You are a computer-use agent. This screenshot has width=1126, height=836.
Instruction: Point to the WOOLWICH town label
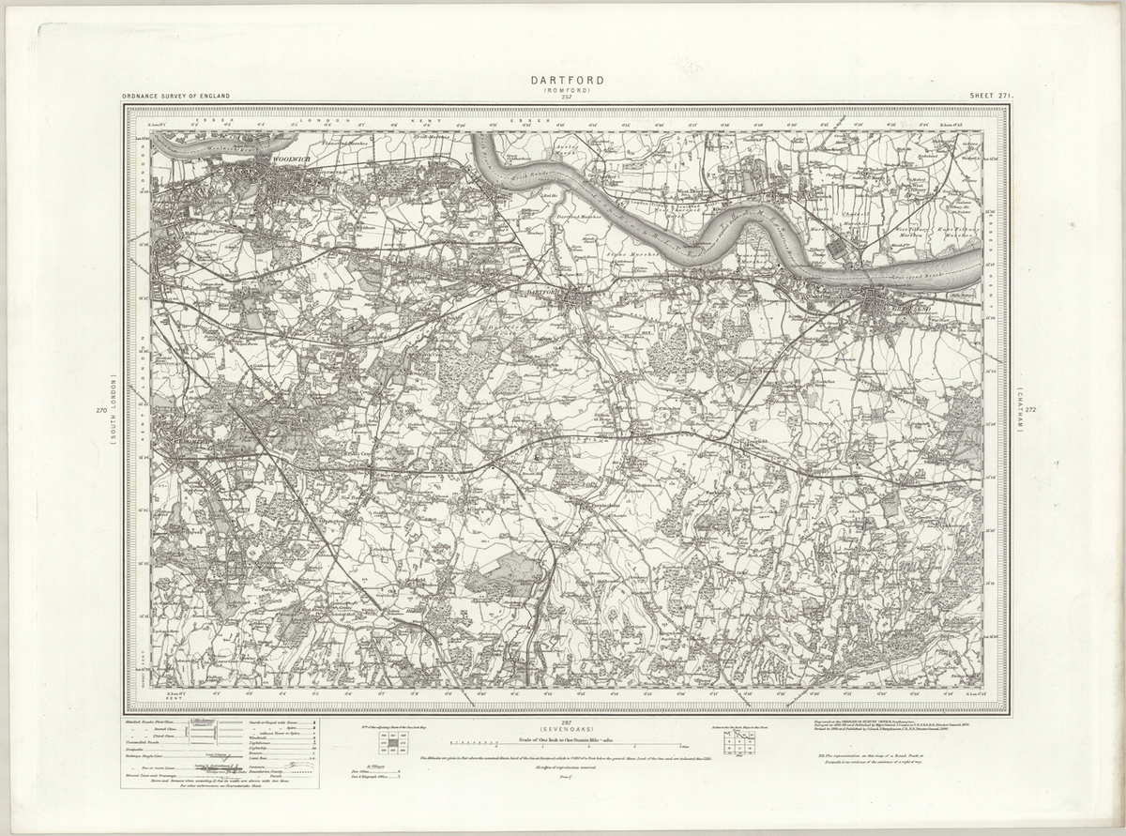(288, 160)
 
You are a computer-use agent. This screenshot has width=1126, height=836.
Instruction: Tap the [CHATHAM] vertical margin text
(1017, 409)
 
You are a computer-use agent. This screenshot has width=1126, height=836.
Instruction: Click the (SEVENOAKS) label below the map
(566, 729)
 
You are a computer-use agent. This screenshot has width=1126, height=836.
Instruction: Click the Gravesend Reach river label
(915, 282)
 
